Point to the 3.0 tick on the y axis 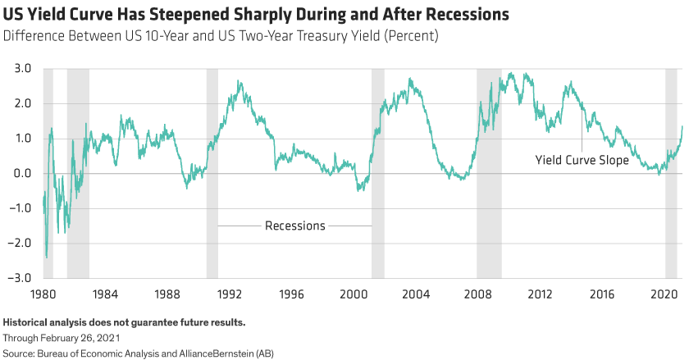pos(22,69)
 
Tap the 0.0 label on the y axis pos(22,173)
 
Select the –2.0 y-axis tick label pos(20,243)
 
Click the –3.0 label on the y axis pos(20,278)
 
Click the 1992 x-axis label pos(229,292)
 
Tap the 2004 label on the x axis pos(416,292)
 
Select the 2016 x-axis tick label pos(603,292)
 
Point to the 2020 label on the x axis pos(665,292)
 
